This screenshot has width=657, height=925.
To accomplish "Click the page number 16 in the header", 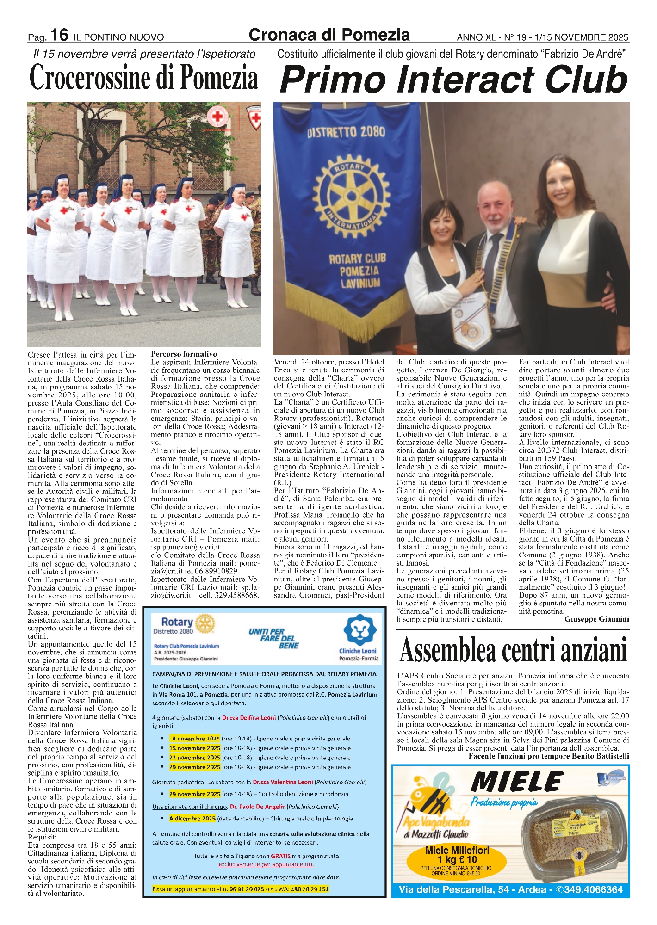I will (59, 35).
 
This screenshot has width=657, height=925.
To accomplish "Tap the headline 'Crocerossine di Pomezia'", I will (143, 78).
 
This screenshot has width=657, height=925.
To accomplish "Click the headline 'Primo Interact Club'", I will (453, 80).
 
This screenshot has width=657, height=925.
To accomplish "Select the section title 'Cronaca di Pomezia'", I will (329, 35).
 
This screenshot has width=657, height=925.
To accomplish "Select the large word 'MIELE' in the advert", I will (516, 782).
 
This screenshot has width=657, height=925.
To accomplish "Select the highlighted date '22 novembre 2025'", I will (194, 758).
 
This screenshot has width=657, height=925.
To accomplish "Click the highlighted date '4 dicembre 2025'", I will (192, 818).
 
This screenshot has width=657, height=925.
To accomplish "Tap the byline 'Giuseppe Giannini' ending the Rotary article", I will (596, 619).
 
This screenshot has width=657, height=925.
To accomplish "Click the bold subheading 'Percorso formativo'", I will (184, 354).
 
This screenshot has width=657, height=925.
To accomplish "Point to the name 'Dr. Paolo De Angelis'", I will (257, 807).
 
